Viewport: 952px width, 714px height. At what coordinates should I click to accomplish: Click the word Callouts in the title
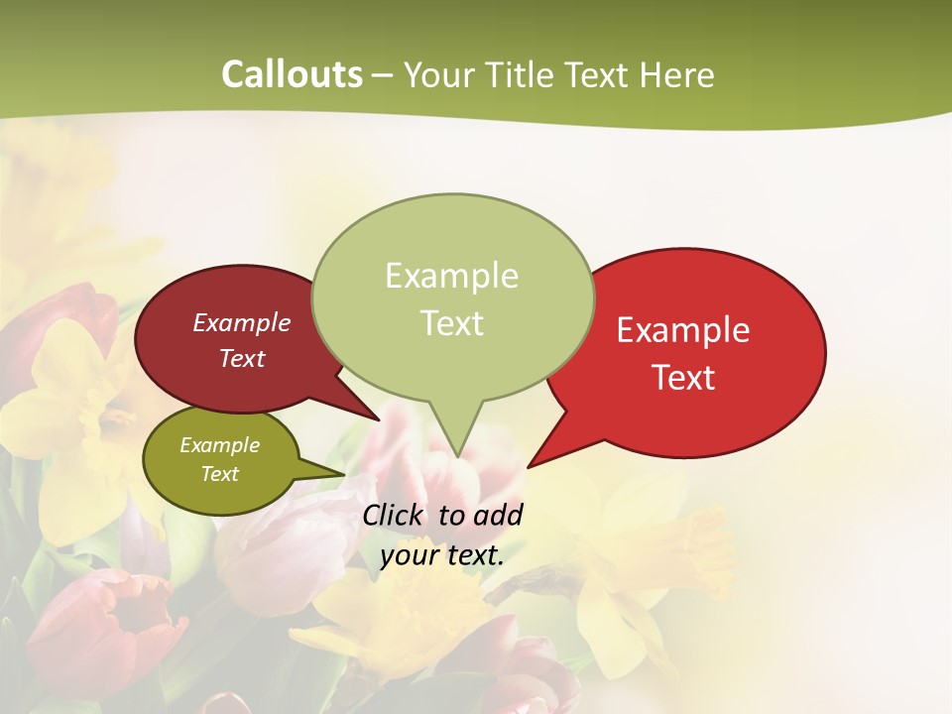click(x=292, y=74)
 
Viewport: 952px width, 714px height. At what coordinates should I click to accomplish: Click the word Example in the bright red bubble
click(x=683, y=330)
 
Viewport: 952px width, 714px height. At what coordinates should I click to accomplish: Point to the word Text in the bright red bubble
click(x=683, y=378)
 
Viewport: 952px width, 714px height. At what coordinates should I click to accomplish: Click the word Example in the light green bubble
click(x=451, y=276)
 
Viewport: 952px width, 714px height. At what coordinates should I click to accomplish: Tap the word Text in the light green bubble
click(x=451, y=323)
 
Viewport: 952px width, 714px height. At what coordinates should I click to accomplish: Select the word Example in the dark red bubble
click(x=242, y=323)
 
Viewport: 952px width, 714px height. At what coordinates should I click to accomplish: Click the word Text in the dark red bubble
click(x=242, y=359)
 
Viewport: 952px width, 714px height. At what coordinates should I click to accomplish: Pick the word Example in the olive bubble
click(x=219, y=446)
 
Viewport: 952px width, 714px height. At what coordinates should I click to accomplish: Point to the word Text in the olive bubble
click(x=219, y=474)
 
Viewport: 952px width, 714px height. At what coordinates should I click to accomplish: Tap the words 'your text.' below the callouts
click(x=442, y=555)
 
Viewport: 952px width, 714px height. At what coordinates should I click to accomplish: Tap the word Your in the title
click(x=436, y=74)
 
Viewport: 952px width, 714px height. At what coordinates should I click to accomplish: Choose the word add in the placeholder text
click(x=499, y=516)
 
